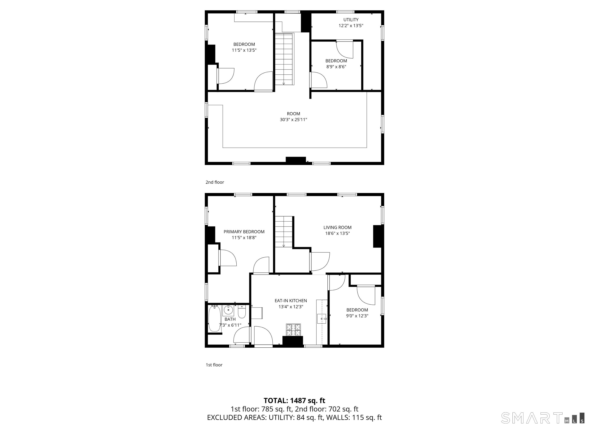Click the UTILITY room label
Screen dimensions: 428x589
(x=351, y=20)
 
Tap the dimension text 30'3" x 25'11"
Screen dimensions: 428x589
(x=294, y=120)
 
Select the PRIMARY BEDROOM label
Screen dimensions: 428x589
(x=244, y=232)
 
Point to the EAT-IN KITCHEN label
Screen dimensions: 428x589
(x=291, y=301)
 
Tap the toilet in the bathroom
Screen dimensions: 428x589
(x=242, y=312)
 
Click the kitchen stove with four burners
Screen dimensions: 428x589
(x=294, y=330)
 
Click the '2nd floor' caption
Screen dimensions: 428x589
(x=215, y=182)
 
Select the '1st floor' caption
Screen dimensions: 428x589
(x=214, y=365)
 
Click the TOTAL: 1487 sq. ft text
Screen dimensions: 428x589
(x=294, y=400)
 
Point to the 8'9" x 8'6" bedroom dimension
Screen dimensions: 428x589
(x=336, y=67)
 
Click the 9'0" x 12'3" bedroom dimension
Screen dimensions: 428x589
(x=357, y=316)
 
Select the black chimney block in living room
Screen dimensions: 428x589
(x=378, y=236)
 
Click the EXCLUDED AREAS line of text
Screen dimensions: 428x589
(x=294, y=417)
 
